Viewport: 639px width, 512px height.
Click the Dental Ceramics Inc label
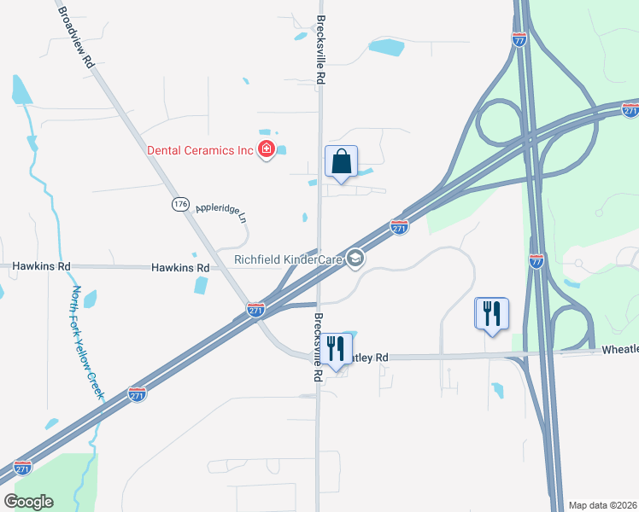201,150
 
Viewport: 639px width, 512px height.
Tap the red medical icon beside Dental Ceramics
267,150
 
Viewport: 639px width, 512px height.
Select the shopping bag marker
341,161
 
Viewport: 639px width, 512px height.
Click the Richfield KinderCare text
290,259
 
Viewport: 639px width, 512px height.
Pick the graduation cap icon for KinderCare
356,259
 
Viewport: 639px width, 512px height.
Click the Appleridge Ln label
220,212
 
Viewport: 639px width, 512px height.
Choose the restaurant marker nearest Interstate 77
491,313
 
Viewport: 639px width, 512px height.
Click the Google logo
28,501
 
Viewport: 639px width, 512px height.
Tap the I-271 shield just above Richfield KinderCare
399,226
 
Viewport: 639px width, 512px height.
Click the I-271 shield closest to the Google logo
23,468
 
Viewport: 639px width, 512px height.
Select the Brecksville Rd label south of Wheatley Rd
317,339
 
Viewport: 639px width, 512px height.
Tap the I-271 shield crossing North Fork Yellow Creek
137,393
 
